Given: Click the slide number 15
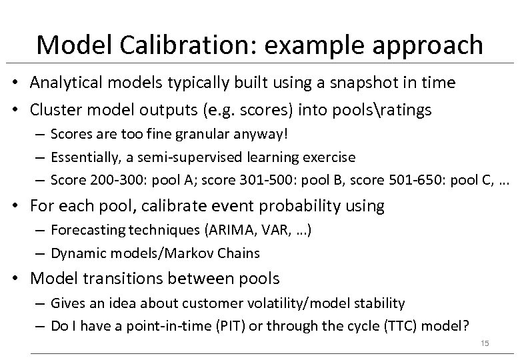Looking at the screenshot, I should (485, 343).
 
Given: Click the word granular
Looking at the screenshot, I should (203, 135).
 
